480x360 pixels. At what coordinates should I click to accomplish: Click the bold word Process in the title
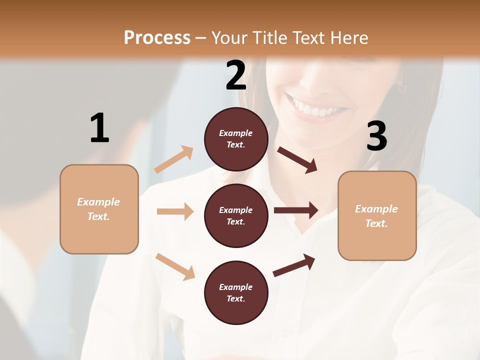click(x=157, y=37)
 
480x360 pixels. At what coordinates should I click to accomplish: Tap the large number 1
click(x=99, y=127)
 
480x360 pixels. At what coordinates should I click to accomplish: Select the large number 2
click(x=236, y=75)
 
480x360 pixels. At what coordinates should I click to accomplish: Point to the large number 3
click(x=376, y=136)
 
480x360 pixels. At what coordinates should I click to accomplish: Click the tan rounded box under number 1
click(x=99, y=209)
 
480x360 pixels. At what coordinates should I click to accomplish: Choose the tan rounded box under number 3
click(x=377, y=215)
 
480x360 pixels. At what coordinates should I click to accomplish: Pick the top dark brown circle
click(x=236, y=138)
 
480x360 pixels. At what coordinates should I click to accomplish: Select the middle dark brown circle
click(x=236, y=215)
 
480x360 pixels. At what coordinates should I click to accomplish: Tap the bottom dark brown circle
click(x=236, y=292)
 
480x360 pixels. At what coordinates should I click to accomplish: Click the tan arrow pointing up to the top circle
click(x=173, y=159)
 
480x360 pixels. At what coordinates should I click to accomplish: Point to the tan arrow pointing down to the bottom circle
click(x=175, y=266)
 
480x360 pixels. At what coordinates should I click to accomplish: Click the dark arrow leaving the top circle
click(x=297, y=159)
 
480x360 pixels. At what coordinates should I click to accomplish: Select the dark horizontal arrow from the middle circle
click(x=295, y=210)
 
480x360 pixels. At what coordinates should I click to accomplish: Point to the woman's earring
click(x=402, y=88)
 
